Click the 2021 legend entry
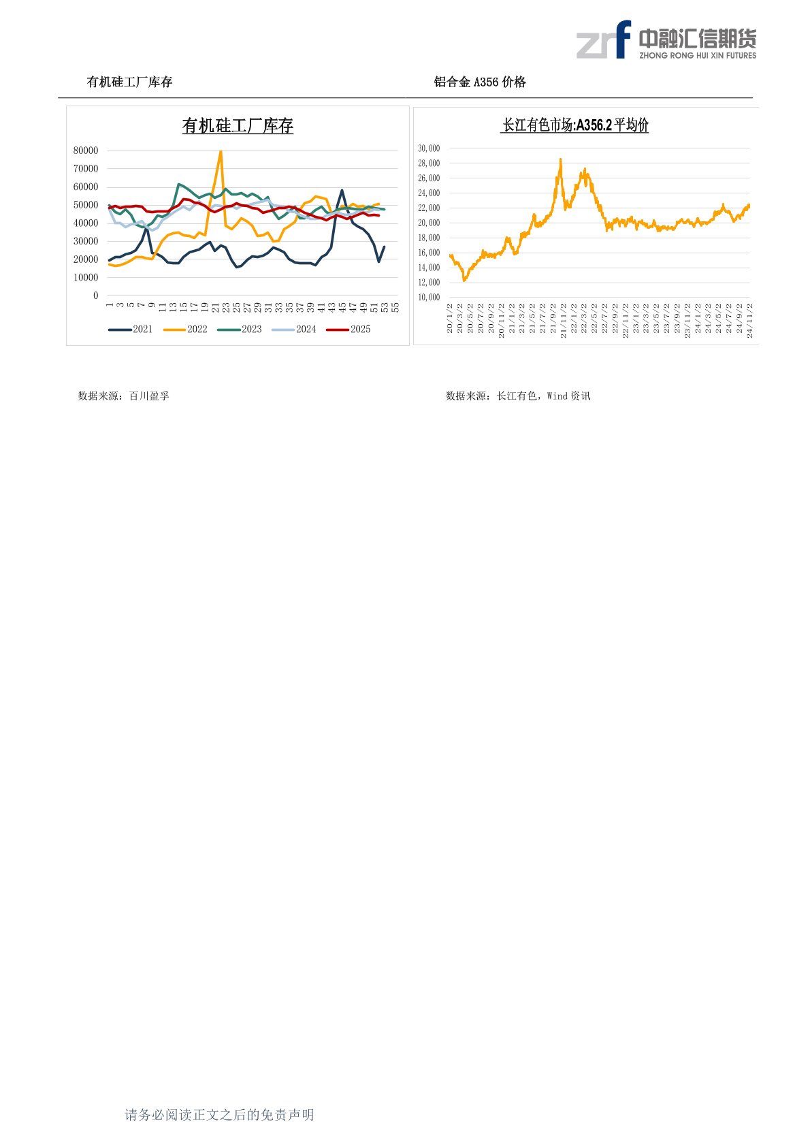pos(131,330)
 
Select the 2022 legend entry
pos(186,330)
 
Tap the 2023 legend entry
pos(240,330)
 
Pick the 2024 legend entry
pos(295,330)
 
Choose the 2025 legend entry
pos(349,330)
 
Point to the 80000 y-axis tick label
pos(86,150)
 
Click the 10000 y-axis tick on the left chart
pos(86,278)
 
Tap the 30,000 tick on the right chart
pos(429,148)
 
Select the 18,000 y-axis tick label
pos(429,238)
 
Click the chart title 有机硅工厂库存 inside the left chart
pos(238,126)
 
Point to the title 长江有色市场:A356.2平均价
pos(575,125)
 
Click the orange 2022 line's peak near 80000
pos(221,152)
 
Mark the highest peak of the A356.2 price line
pos(560,159)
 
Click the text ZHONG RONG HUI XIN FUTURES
pos(698,56)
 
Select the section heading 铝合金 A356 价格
pos(480,82)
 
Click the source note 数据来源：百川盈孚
pos(123,396)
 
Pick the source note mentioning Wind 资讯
pos(518,396)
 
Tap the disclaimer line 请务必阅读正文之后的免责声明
pos(219,1115)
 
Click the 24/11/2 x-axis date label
pos(750,321)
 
